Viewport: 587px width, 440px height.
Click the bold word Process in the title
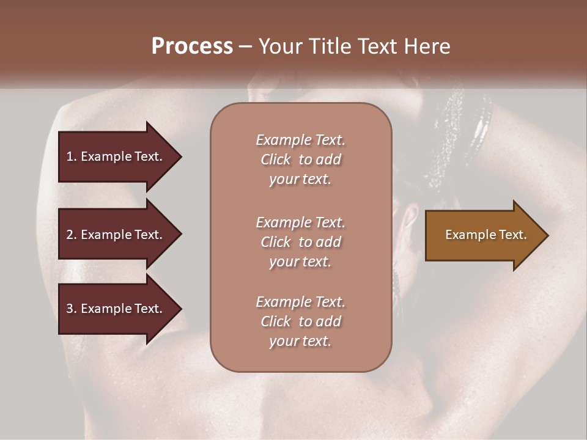coord(192,46)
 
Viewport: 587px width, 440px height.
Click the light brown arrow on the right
coord(483,235)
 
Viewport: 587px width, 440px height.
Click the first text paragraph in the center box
coord(300,159)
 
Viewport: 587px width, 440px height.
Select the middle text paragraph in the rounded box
coord(300,242)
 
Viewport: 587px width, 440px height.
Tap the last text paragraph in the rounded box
coord(300,321)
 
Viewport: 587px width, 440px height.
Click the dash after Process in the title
coord(245,47)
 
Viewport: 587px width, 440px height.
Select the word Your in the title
coord(279,46)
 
